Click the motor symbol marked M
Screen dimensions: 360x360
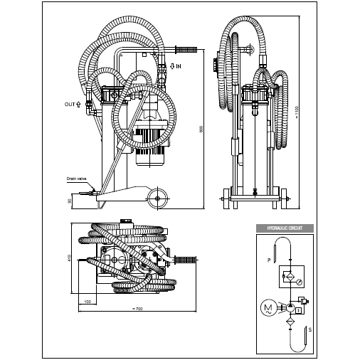point(268,307)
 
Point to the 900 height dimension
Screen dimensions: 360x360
point(201,129)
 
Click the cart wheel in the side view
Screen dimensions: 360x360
point(158,198)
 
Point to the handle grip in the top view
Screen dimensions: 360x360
point(186,258)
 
